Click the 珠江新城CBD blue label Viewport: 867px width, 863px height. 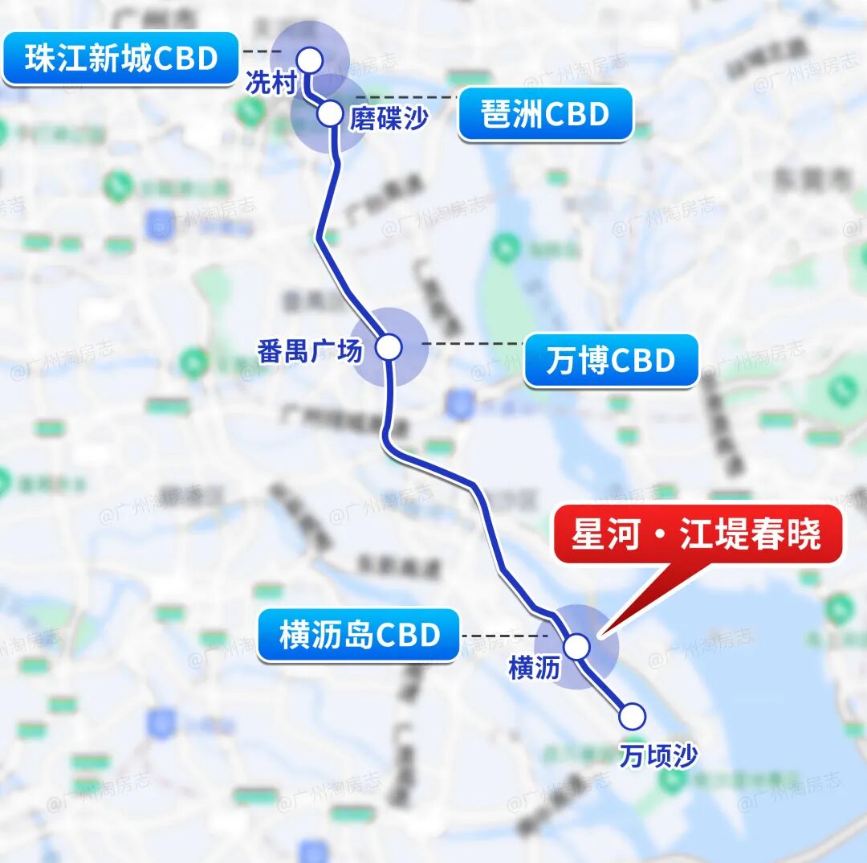121,59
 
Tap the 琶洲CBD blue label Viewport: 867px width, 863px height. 545,115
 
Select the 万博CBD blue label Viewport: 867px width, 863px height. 611,361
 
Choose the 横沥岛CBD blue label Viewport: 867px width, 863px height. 360,635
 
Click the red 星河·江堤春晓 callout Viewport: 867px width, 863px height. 696,534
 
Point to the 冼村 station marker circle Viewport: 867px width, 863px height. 309,59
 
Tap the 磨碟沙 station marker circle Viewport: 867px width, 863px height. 330,113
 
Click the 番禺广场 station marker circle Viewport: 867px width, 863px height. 389,347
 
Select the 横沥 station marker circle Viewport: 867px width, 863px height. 576,646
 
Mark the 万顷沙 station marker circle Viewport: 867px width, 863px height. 632,715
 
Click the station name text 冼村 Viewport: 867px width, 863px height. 272,84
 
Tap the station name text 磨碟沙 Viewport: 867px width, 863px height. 389,119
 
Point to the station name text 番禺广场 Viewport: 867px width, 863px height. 310,350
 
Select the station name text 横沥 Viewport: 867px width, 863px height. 533,669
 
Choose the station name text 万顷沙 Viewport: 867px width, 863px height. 658,755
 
